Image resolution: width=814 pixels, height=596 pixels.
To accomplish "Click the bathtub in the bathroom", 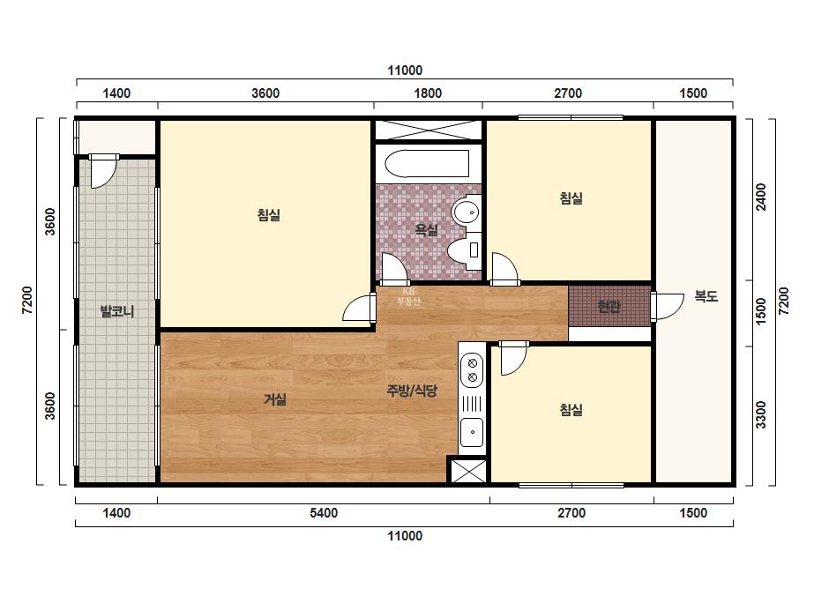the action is [427, 164].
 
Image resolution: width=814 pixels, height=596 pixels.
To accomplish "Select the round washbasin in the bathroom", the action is [466, 212].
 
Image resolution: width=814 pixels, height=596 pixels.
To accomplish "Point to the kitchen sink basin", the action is [472, 432].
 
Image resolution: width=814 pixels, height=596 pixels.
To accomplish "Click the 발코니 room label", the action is [116, 311].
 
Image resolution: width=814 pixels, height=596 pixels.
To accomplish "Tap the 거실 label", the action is [275, 399].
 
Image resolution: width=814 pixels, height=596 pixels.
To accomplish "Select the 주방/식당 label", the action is [412, 391].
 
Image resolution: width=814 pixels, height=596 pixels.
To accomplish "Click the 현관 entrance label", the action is [609, 307].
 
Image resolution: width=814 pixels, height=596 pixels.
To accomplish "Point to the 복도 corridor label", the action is [706, 296].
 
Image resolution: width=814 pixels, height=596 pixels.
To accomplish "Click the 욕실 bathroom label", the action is [427, 229].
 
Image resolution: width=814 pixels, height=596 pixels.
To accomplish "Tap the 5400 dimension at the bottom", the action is [324, 513].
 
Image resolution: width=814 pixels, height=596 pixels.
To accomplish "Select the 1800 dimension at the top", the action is [428, 93].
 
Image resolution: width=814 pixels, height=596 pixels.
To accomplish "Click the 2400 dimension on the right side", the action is [760, 197].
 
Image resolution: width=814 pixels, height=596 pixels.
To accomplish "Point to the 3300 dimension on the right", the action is [760, 414].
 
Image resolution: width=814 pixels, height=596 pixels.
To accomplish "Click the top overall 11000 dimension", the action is [405, 70].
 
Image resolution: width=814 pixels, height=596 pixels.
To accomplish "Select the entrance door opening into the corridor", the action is [668, 307].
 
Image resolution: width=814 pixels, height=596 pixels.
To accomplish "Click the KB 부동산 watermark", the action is [408, 296].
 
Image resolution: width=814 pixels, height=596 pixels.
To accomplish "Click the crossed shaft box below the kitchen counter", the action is [467, 470].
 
